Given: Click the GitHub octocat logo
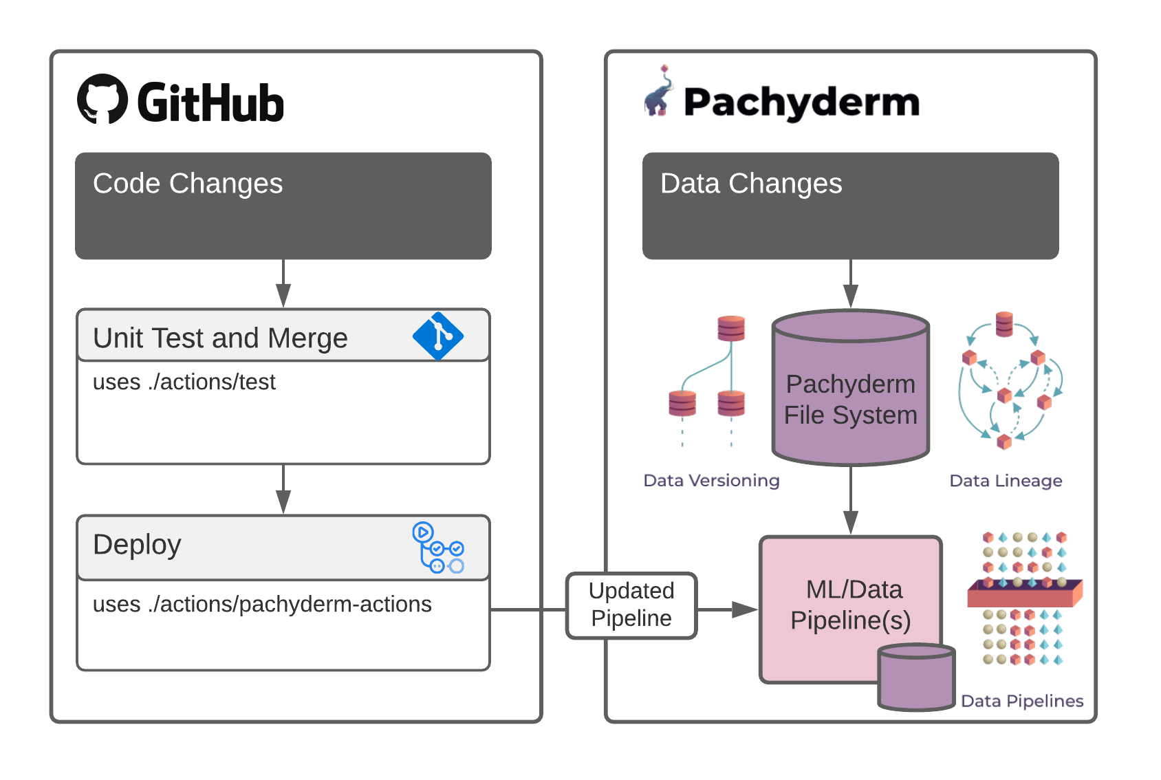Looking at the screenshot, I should pyautogui.click(x=102, y=99).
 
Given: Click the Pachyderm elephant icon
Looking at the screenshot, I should pyautogui.click(x=659, y=94).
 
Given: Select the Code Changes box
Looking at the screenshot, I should pyautogui.click(x=283, y=206).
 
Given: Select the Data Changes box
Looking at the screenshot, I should pyautogui.click(x=850, y=206).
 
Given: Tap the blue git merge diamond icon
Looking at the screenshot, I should pyautogui.click(x=438, y=336).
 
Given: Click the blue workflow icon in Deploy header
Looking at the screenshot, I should pyautogui.click(x=438, y=548).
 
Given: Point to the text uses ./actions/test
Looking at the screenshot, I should pyautogui.click(x=184, y=382).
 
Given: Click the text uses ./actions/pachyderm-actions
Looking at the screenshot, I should pyautogui.click(x=262, y=604).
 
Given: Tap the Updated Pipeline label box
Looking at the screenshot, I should pyautogui.click(x=631, y=605).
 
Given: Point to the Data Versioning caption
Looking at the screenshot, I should pyautogui.click(x=711, y=480).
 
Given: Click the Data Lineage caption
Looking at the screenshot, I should pyautogui.click(x=1006, y=480).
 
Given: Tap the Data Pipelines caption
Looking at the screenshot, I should pyautogui.click(x=1022, y=701).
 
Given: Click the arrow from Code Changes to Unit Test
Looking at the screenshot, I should pyautogui.click(x=283, y=283).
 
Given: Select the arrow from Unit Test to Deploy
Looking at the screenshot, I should pyautogui.click(x=283, y=489).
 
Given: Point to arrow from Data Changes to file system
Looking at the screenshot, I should pyautogui.click(x=851, y=283).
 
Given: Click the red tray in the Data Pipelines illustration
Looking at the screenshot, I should pyautogui.click(x=1024, y=592).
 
